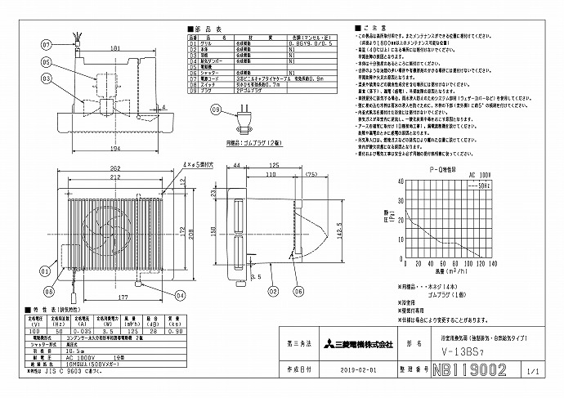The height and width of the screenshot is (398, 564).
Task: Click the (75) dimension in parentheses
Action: point(311,174)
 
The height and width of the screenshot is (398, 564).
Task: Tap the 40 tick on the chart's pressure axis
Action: point(401,182)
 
